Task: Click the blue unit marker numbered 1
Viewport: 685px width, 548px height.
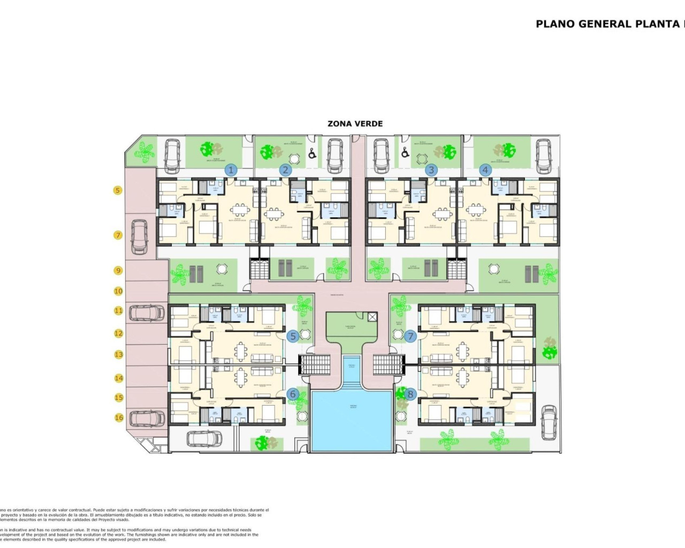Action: (231, 170)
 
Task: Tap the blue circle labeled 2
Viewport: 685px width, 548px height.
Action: (285, 170)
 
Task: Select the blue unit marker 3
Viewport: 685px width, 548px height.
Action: (431, 170)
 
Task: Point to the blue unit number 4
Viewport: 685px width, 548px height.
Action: (485, 170)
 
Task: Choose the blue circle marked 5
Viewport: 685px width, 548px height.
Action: (293, 336)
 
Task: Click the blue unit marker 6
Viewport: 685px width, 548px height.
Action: (293, 394)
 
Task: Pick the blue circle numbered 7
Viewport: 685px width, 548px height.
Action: (410, 336)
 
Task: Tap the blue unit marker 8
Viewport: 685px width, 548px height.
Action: (410, 394)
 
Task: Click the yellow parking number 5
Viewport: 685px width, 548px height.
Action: (118, 190)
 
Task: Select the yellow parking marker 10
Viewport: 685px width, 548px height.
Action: (118, 291)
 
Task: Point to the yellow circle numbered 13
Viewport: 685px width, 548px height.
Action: (118, 354)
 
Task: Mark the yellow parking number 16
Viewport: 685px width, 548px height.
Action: (118, 417)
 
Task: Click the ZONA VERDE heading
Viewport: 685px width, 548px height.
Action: (355, 124)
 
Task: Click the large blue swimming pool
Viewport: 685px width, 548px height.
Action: (353, 421)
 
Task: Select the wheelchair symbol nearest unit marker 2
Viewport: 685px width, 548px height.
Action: (313, 154)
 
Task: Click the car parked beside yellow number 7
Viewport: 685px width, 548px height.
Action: (140, 237)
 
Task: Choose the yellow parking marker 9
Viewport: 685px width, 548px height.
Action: (118, 270)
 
